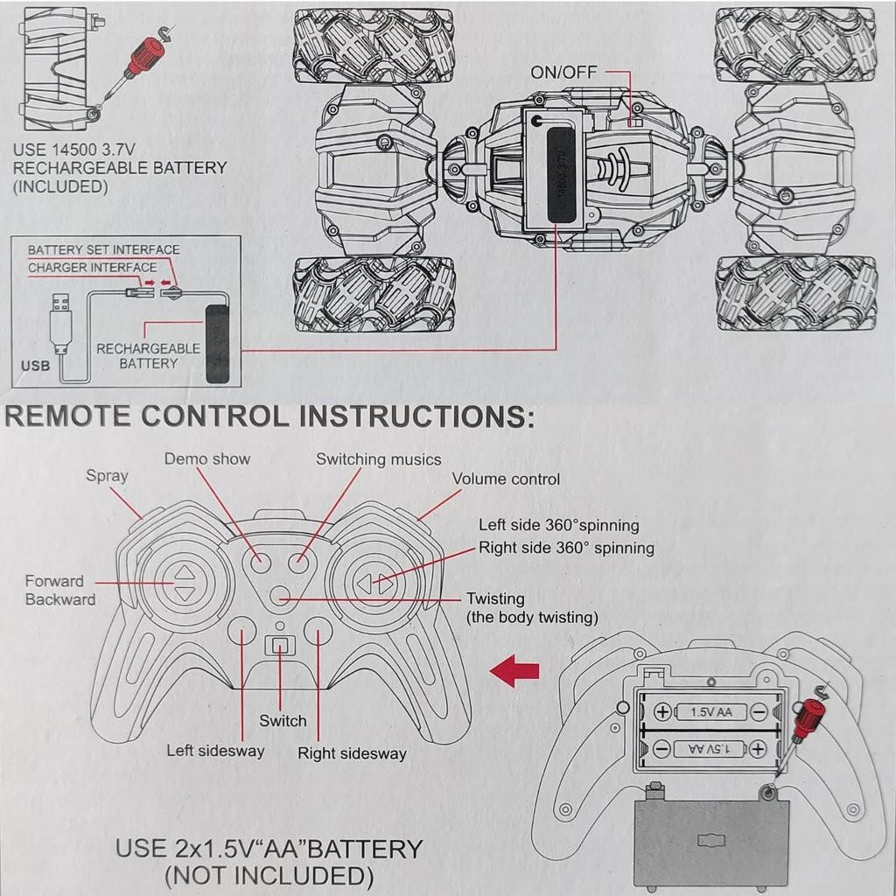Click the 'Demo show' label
(x=207, y=458)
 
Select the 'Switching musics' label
(x=378, y=458)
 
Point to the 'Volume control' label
(x=506, y=479)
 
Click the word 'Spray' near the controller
(x=107, y=476)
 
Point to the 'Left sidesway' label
(x=215, y=751)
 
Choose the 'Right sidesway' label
(x=352, y=752)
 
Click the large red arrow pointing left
(x=514, y=672)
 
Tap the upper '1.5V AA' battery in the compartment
(x=710, y=711)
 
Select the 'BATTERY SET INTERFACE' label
(x=103, y=249)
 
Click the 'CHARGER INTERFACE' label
(x=93, y=267)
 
